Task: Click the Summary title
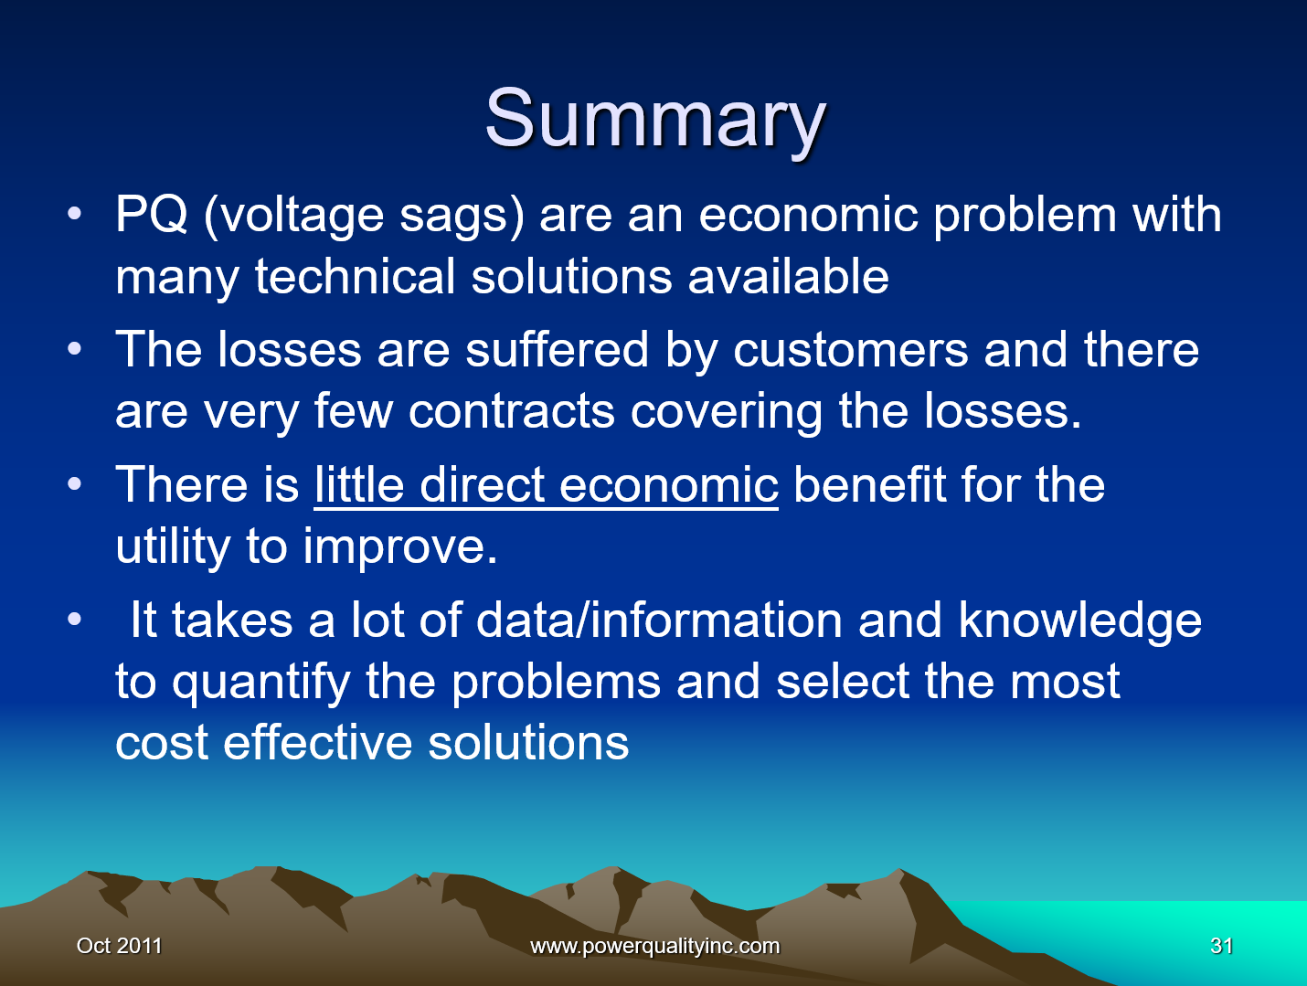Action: (654, 119)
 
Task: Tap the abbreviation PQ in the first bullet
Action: (152, 216)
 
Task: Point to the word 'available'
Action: (788, 277)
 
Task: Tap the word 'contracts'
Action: (511, 412)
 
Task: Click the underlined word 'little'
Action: (359, 484)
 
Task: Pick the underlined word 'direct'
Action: (482, 484)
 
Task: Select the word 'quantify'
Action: (261, 683)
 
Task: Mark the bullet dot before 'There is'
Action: (75, 483)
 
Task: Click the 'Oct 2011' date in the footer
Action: (119, 946)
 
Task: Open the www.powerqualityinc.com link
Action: (654, 946)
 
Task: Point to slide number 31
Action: (1221, 946)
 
